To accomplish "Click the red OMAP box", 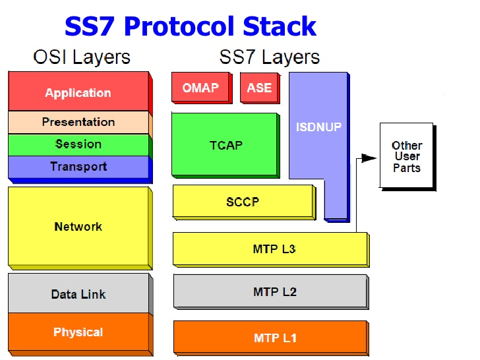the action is pyautogui.click(x=202, y=88).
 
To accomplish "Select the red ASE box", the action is pyautogui.click(x=260, y=88).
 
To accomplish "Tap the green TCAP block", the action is pyautogui.click(x=225, y=146).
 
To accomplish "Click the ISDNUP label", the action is pyautogui.click(x=318, y=127).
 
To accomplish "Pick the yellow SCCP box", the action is pyautogui.click(x=244, y=202).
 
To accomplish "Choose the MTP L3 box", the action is pyautogui.click(x=271, y=249).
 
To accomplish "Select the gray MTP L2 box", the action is pyautogui.click(x=271, y=291).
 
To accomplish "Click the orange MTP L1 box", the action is pyautogui.click(x=271, y=338).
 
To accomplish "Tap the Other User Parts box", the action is pyautogui.click(x=407, y=157).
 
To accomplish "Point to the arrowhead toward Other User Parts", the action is pyautogui.click(x=369, y=158).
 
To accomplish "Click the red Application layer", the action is pyautogui.click(x=80, y=92).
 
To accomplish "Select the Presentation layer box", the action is pyautogui.click(x=80, y=123).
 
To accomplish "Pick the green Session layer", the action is pyautogui.click(x=80, y=144).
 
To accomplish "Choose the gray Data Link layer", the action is pyautogui.click(x=80, y=294).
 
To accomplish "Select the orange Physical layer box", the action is pyautogui.click(x=80, y=334).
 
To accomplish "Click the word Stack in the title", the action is pyautogui.click(x=280, y=26).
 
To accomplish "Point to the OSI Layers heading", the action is pyautogui.click(x=82, y=57).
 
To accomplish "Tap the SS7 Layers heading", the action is pyautogui.click(x=270, y=57).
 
